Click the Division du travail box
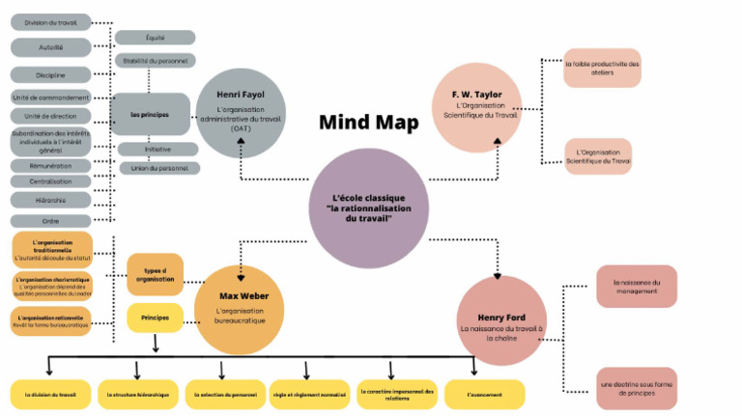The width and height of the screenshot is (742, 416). coord(51,22)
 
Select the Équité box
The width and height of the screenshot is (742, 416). coord(155,38)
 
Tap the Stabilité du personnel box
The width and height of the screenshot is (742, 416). coord(155,60)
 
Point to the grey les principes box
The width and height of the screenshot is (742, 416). coord(149,114)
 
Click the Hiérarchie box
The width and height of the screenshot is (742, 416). coord(51,200)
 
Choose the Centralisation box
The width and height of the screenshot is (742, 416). coord(51,180)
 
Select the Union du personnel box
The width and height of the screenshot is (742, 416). coord(158,168)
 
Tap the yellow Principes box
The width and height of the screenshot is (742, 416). coord(155,317)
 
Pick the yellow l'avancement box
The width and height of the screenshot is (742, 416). coord(484,394)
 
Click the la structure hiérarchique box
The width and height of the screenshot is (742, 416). coord(139,394)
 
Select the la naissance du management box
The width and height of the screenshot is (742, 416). coord(636,286)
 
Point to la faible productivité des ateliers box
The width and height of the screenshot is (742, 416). coord(602,68)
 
